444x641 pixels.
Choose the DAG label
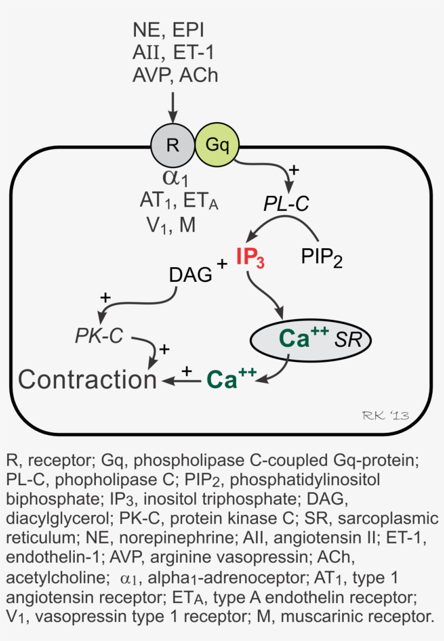191,275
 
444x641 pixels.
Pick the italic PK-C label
99,336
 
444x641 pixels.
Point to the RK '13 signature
386,415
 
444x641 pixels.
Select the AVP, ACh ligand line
175,75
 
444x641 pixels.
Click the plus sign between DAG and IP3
221,263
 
